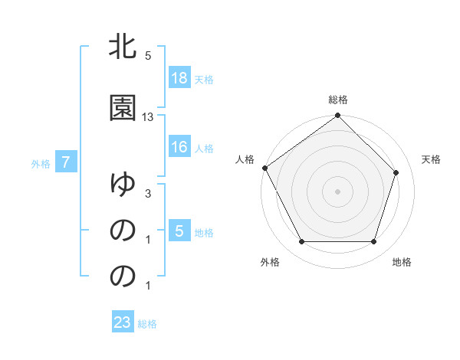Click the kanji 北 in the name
click(123, 47)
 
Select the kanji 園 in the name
click(123, 108)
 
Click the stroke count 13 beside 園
click(148, 117)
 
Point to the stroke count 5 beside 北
click(148, 56)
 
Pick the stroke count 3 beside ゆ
click(148, 195)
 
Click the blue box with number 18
click(179, 77)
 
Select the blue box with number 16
click(179, 147)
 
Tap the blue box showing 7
click(67, 162)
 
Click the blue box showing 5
click(179, 232)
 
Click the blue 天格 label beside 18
click(204, 79)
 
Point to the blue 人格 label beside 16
click(204, 149)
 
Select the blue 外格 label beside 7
click(41, 163)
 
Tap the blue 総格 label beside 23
click(147, 324)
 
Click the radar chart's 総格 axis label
click(338, 100)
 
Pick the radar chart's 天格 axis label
click(432, 159)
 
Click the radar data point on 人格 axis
click(264, 168)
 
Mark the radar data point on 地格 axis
click(374, 242)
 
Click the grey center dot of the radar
click(338, 191)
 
